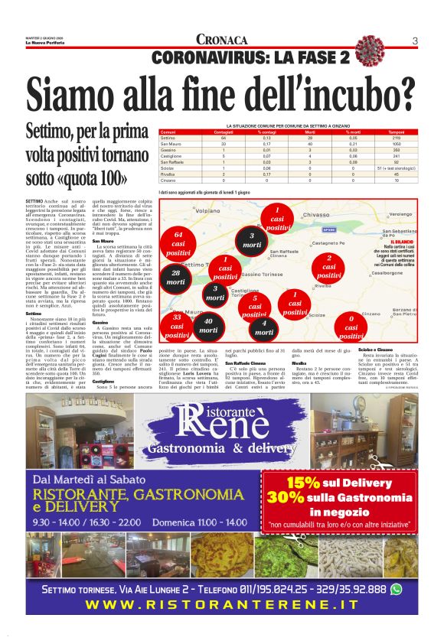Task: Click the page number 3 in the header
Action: point(414,41)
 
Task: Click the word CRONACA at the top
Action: point(222,40)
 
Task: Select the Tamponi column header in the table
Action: point(397,132)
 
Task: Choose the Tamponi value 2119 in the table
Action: point(397,138)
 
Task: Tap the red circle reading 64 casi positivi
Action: point(178,243)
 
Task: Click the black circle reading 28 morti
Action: point(176,277)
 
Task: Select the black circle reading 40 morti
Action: point(208,326)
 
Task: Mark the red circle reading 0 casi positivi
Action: point(351,327)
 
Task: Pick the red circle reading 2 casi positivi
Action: point(329,266)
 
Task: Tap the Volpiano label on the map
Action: point(207,210)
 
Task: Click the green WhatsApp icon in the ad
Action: point(396,589)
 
